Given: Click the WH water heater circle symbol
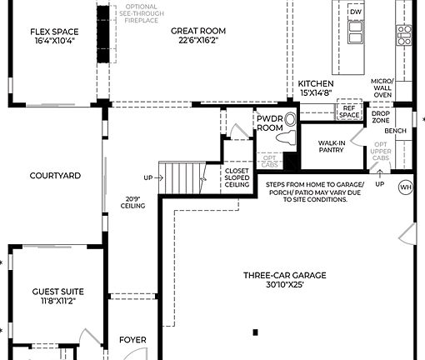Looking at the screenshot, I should tap(406, 187).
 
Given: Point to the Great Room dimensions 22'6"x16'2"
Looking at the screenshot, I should tap(198, 41).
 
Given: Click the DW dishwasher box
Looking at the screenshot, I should tap(356, 12).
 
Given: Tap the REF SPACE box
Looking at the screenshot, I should tap(348, 111).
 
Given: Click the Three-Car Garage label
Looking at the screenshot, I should tap(284, 275).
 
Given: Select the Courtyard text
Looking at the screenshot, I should tap(55, 176).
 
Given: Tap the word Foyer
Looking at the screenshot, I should tap(132, 340).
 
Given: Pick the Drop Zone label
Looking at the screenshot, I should tap(381, 117).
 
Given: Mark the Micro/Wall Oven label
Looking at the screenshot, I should tap(382, 88).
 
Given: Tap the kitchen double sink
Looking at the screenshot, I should tap(356, 32).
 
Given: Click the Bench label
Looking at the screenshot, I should tap(395, 132).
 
